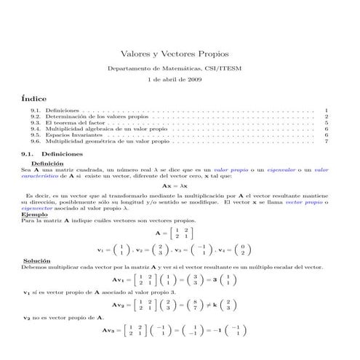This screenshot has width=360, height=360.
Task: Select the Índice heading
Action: tap(34, 97)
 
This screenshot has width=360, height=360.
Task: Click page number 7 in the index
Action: tap(327, 142)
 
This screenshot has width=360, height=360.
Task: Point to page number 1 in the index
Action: tap(327, 110)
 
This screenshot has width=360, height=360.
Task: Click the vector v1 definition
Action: tap(116, 249)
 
